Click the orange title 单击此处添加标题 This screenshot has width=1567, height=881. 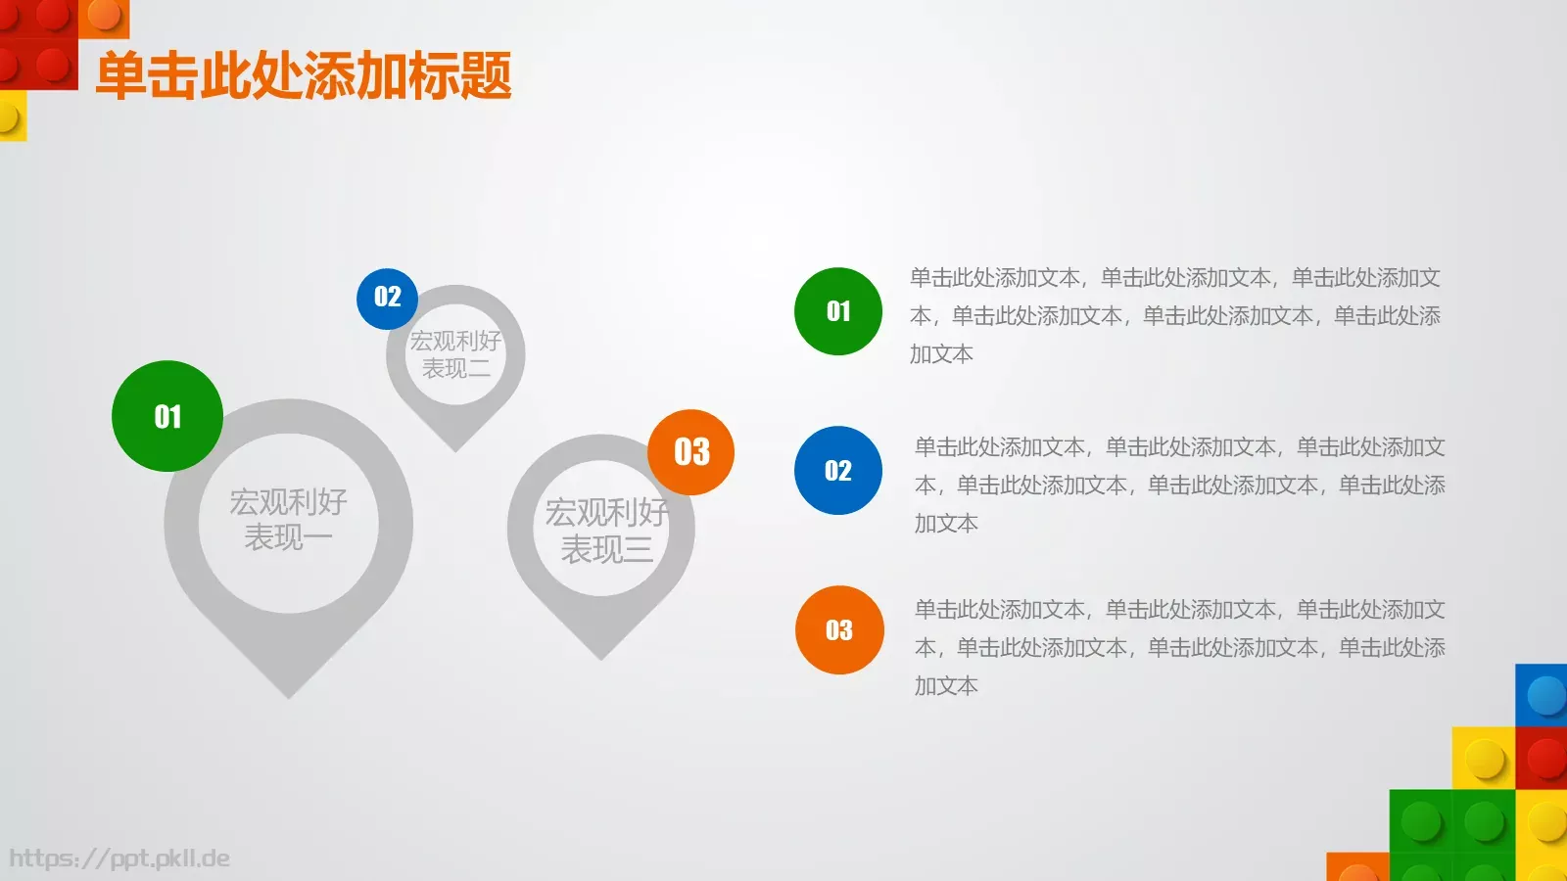pos(304,75)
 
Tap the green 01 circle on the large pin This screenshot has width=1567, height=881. pos(167,416)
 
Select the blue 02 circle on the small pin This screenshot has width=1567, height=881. pos(387,298)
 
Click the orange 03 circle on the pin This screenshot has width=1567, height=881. pos(691,451)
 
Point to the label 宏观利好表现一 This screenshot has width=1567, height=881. pos(288,520)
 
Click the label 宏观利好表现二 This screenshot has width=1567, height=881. pos(455,354)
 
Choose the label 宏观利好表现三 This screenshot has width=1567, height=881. pos(605,531)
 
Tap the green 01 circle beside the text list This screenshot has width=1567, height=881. pos(837,311)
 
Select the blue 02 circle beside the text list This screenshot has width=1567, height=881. pos(837,470)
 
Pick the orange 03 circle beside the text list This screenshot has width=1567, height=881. pos(838,629)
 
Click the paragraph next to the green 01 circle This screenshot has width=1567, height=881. pos(1174,315)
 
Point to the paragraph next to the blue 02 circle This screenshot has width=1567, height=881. pos(1179,485)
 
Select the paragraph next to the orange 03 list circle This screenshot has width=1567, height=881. pos(1179,647)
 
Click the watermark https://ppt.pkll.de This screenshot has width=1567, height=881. pos(119,858)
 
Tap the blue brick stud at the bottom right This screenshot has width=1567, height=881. pos(1545,696)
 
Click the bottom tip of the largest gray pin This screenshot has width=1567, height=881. pos(289,695)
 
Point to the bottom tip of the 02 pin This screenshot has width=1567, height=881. pos(455,448)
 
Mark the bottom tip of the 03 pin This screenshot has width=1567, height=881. pos(601,657)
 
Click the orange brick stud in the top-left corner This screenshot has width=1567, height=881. pos(103,14)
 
